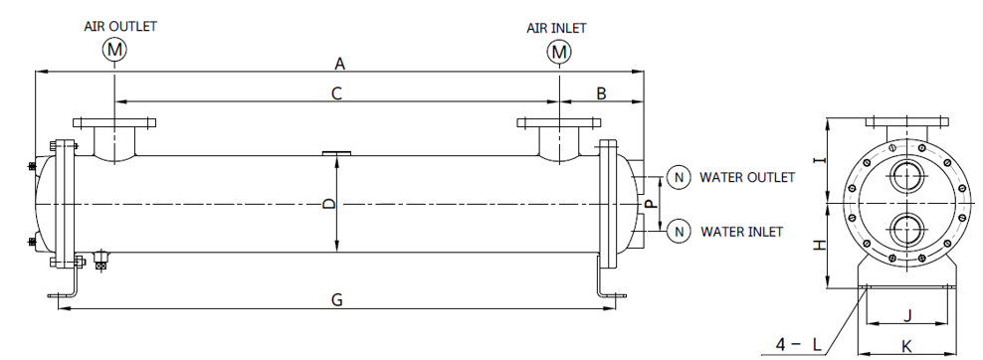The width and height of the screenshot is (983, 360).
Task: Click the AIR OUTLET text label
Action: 120,26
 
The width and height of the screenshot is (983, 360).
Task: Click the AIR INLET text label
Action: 557,29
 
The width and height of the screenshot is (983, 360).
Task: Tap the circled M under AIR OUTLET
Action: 115,50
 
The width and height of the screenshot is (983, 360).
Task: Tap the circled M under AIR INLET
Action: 558,52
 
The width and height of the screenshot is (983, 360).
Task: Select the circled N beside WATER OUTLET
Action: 679,178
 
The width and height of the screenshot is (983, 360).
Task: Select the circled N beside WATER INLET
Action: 679,232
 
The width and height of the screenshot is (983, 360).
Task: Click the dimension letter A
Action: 340,64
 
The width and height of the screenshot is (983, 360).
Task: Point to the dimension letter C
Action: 336,93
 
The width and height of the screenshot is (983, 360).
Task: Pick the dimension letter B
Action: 601,93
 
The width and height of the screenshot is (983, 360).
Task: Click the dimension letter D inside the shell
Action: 329,204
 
